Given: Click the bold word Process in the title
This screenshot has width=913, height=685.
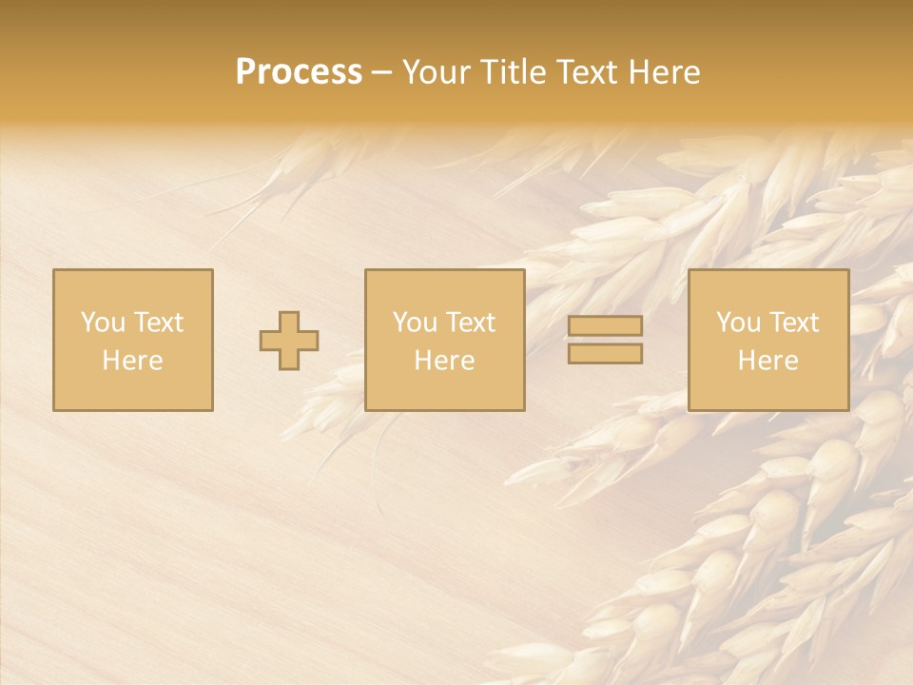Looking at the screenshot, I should (x=299, y=72).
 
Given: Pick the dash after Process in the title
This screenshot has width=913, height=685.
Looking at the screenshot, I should (x=381, y=73).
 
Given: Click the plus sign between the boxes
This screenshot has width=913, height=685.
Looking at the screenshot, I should (x=289, y=341).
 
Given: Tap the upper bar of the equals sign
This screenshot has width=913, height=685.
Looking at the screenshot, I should (x=605, y=326).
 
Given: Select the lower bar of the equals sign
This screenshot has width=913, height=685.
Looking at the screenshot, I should (x=605, y=353).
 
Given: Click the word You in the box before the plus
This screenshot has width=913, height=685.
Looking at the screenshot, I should (x=102, y=323).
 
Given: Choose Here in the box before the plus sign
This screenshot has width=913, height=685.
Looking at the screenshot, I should (x=132, y=361).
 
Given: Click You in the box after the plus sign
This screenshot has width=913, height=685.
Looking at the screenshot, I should (x=414, y=323).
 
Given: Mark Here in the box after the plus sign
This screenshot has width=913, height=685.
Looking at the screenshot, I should (x=444, y=361).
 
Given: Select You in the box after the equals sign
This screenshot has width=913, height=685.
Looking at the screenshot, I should (x=737, y=323).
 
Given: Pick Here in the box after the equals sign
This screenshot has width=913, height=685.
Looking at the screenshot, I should (x=767, y=361).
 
